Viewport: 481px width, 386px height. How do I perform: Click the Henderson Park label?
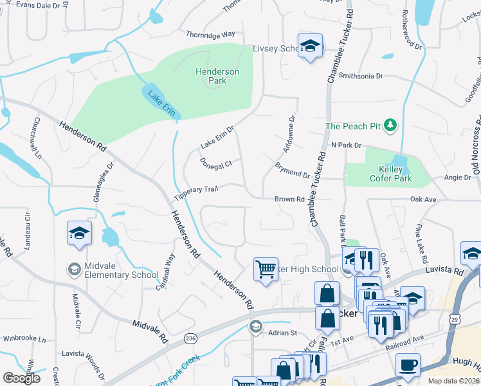tap(217, 77)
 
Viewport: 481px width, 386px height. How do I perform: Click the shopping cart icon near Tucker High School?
tap(266, 268)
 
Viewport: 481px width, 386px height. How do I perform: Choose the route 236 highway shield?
tap(190, 338)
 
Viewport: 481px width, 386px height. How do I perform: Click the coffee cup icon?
tap(408, 365)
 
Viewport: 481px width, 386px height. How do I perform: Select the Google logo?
tap(21, 378)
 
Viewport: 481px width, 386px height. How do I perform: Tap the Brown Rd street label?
tap(289, 199)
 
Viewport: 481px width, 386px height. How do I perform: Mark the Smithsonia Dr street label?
tap(361, 75)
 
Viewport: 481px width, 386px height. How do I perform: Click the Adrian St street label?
tap(282, 333)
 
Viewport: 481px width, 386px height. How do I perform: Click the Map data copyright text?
tap(455, 381)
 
